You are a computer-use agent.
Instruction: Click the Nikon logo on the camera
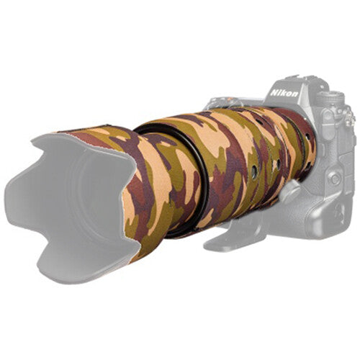(x=284, y=92)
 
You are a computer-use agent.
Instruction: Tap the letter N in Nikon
(x=274, y=92)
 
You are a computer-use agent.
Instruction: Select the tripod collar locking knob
(x=290, y=189)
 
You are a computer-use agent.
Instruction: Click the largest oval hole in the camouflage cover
(x=253, y=171)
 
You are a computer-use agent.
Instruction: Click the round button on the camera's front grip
(x=334, y=178)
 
